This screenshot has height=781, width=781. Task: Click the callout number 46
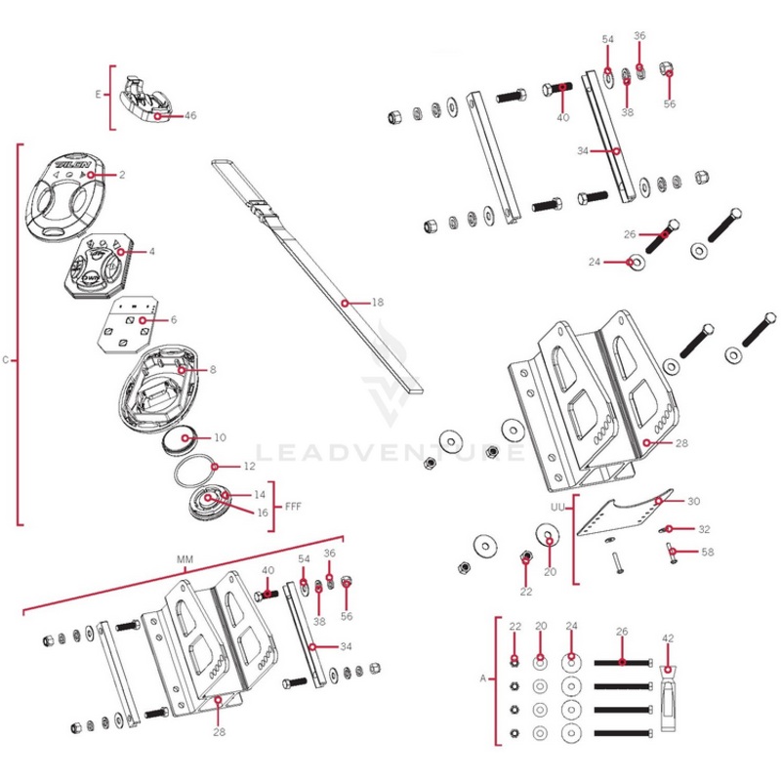tap(190, 115)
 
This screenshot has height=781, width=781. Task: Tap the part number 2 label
tap(123, 175)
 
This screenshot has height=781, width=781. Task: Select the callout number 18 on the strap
tap(378, 303)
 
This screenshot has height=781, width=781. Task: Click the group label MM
tap(185, 559)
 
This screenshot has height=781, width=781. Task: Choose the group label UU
tap(557, 508)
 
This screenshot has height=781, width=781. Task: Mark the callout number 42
tap(668, 637)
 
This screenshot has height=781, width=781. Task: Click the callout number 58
tap(706, 553)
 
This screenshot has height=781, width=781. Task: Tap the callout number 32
tap(705, 529)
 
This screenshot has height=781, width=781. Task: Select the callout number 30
tap(693, 501)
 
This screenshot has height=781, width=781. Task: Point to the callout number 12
tap(249, 466)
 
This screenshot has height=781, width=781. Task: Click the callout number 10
tap(220, 437)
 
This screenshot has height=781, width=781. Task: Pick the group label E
tap(98, 95)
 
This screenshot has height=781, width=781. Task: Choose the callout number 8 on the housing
tap(212, 370)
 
